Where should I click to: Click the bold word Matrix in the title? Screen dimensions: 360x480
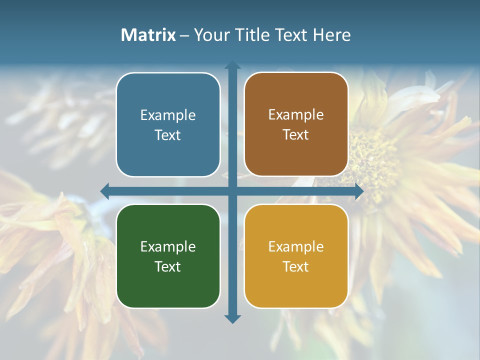(148, 35)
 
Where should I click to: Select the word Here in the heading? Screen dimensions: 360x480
(331, 35)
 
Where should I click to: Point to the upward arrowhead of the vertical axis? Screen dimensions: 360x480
(232, 64)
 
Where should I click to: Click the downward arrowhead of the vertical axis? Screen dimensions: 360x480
(232, 319)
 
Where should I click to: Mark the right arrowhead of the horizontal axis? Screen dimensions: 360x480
(359, 191)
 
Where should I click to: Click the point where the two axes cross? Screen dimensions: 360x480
(232, 191)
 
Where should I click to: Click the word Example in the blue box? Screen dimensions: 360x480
(168, 115)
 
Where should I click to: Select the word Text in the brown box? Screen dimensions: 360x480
(296, 135)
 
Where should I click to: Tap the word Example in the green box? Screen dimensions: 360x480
(168, 246)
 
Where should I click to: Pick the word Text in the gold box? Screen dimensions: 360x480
(296, 266)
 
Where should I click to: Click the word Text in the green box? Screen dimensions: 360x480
(168, 266)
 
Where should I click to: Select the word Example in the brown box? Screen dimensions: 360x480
(296, 115)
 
